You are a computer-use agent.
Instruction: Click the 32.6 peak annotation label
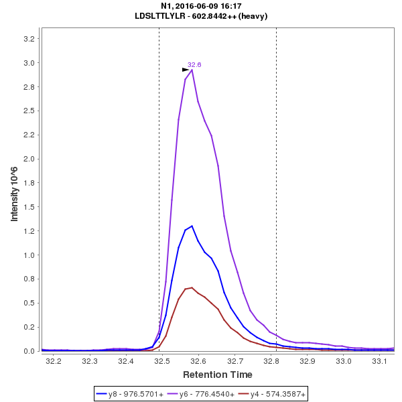click(194, 64)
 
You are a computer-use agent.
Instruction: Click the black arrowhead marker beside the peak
click(186, 70)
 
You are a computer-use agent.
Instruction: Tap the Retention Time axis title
click(218, 374)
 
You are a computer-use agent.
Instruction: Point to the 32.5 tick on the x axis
click(161, 361)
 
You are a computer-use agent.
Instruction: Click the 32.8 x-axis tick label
click(271, 361)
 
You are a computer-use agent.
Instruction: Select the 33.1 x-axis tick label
click(380, 361)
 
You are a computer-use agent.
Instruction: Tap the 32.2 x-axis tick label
click(53, 361)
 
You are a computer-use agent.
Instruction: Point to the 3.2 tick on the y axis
click(29, 39)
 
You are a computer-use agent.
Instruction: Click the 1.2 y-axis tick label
click(29, 231)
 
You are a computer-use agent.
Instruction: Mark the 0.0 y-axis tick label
click(29, 351)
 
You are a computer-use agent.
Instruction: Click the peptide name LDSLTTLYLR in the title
click(158, 16)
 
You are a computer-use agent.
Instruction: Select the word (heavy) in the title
click(255, 16)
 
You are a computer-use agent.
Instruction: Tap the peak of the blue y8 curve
click(192, 226)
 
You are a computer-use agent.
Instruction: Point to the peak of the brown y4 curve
click(192, 287)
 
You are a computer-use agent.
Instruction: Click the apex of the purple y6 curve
click(192, 70)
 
